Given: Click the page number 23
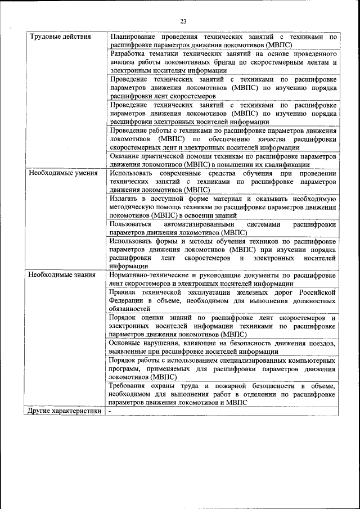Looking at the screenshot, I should [x=183, y=21].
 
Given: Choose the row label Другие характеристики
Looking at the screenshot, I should [x=65, y=411].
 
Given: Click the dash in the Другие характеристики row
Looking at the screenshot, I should [x=111, y=411].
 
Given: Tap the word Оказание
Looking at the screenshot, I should [x=125, y=156].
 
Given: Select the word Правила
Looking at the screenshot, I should [x=124, y=292].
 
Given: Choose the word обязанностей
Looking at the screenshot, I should [x=130, y=309].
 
